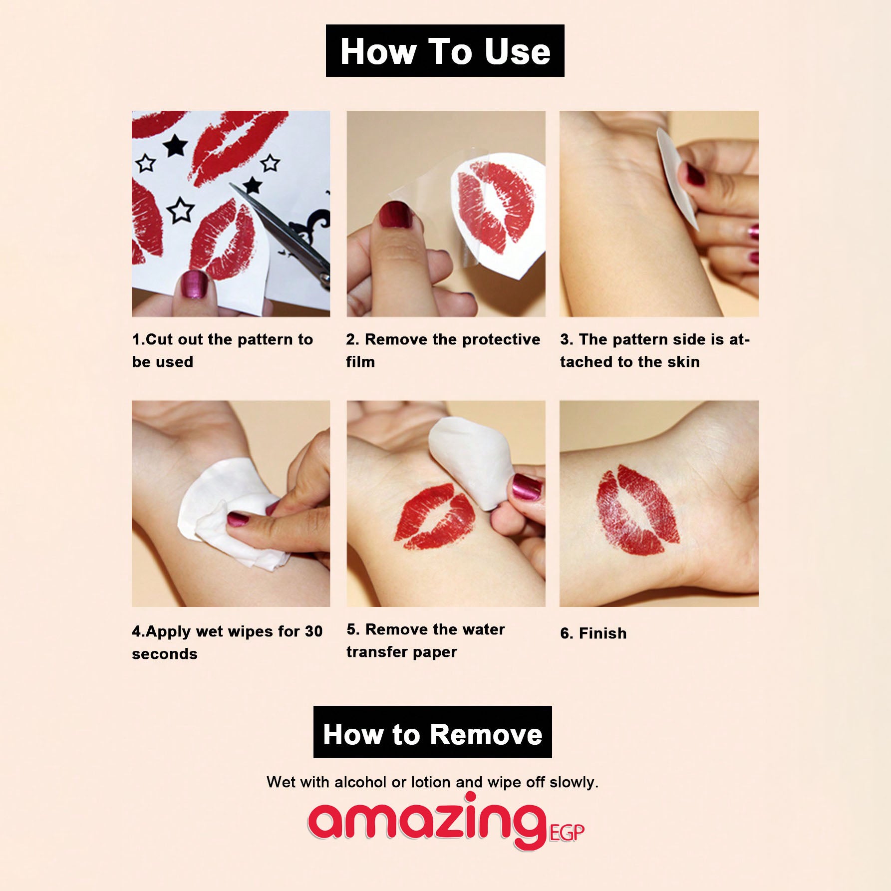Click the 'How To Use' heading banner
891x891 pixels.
[x=445, y=51]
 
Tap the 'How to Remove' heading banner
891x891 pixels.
[x=433, y=732]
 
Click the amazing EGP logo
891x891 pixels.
[x=446, y=821]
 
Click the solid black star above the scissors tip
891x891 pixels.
[x=253, y=185]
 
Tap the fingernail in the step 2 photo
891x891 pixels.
[x=395, y=215]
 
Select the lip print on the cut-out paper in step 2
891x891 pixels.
[x=495, y=205]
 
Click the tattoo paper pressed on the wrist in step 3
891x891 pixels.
[x=677, y=177]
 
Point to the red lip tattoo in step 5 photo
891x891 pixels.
[x=435, y=517]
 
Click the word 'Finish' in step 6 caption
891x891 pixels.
[x=602, y=633]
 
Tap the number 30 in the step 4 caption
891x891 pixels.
[x=313, y=631]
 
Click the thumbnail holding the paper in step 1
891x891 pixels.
[x=195, y=285]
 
